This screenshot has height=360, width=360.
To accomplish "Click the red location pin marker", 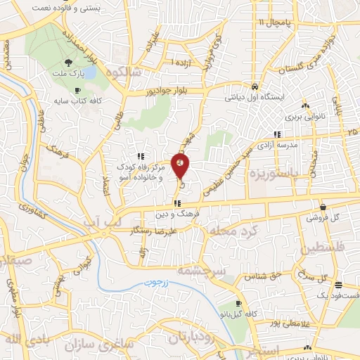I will [x=181, y=165].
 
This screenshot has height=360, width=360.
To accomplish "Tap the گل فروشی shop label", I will [x=321, y=217].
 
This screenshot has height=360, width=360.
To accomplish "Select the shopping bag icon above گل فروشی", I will [x=323, y=207].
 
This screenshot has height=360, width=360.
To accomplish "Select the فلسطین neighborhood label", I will [x=328, y=250].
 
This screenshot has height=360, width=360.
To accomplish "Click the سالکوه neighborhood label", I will [x=124, y=72].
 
